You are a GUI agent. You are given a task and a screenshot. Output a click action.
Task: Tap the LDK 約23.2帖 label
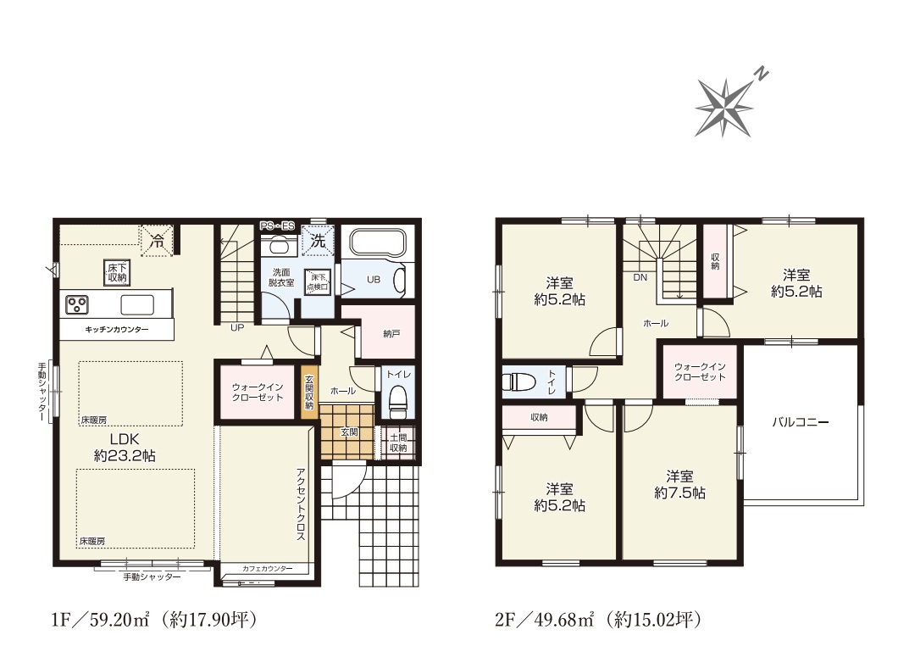(x=125, y=448)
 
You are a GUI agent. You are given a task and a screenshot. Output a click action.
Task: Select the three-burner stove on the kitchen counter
(x=76, y=304)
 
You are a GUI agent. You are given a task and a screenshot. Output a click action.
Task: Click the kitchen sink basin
(x=137, y=304)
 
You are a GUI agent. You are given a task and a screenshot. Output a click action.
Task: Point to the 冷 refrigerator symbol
(x=157, y=242)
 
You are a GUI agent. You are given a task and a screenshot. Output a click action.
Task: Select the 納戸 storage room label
(x=391, y=333)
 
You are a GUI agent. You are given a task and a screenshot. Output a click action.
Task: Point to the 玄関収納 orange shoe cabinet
(x=309, y=392)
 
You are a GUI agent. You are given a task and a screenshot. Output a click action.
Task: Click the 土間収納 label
(x=398, y=443)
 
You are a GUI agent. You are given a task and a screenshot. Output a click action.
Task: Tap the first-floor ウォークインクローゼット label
(x=258, y=392)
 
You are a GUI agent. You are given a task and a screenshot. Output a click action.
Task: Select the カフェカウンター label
(x=268, y=569)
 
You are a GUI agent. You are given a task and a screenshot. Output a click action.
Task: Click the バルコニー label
(x=801, y=422)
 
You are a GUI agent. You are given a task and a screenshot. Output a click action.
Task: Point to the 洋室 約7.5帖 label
(x=679, y=484)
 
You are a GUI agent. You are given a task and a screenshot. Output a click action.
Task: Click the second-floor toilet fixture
(x=518, y=381)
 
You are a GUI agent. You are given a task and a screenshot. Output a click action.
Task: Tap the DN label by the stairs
(x=640, y=277)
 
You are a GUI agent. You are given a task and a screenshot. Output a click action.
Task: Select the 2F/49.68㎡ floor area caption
(x=599, y=620)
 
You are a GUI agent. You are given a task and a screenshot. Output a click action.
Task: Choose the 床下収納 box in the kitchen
(x=118, y=272)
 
